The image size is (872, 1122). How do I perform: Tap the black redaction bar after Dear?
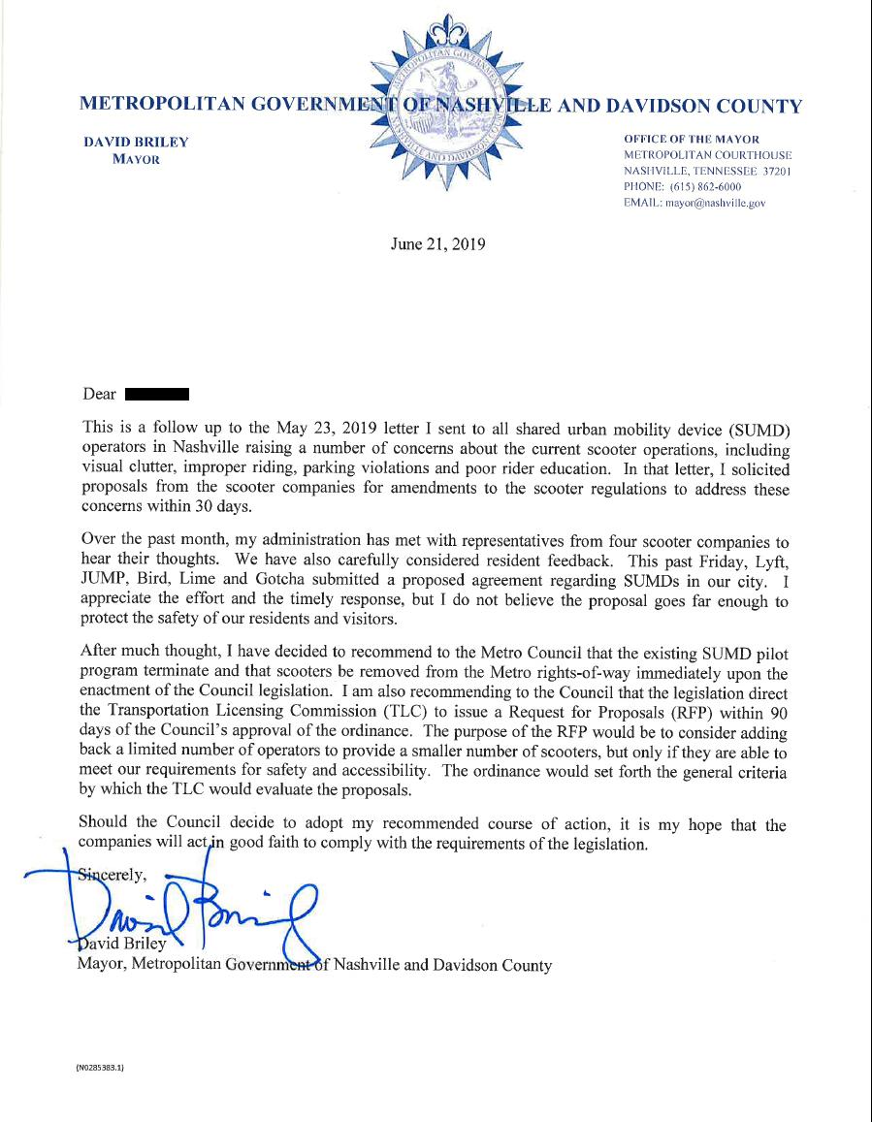coord(156,394)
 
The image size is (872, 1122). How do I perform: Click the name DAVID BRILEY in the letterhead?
coord(136,143)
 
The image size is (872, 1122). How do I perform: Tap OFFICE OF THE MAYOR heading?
coord(692,139)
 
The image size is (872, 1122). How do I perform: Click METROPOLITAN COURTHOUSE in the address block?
coord(707,155)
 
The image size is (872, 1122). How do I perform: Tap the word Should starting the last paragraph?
coord(106,824)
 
